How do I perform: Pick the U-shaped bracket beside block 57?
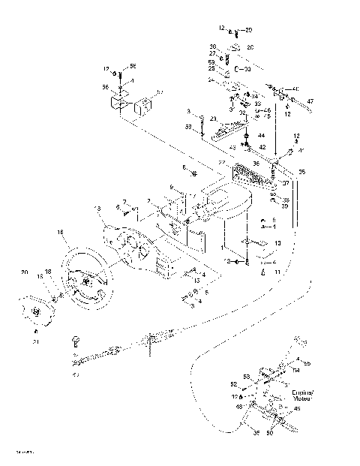tap(118, 103)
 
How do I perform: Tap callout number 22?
tap(221, 163)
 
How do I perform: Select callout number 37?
tap(285, 182)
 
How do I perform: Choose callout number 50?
tap(271, 434)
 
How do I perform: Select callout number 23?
tap(213, 119)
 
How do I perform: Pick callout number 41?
tap(301, 151)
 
